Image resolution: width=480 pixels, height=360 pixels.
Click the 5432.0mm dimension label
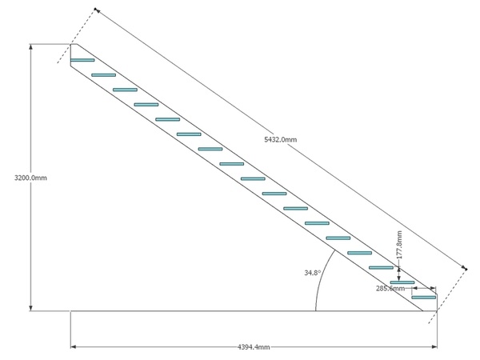coord(280,139)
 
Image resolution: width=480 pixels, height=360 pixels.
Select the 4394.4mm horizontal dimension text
coord(254,346)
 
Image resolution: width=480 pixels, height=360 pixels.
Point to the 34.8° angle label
coord(312,273)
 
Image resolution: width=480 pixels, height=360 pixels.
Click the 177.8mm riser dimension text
coord(399,245)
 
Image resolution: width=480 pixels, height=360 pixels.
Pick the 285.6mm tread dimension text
coord(390,288)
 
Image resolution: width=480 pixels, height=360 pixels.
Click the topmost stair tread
coord(82,60)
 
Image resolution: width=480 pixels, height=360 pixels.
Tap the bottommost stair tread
coord(424,298)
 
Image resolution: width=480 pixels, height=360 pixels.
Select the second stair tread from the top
coord(104,75)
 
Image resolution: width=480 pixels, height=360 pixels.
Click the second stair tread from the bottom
coord(402,282)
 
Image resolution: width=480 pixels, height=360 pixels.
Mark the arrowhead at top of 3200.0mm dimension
coord(31,46)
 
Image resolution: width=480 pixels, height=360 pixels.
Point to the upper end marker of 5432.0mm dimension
coord(96,10)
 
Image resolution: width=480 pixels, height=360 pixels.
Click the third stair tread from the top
coord(125,90)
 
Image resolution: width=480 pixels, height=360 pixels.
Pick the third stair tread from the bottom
coord(381,268)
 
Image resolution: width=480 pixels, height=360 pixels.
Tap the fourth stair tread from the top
coord(146,105)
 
